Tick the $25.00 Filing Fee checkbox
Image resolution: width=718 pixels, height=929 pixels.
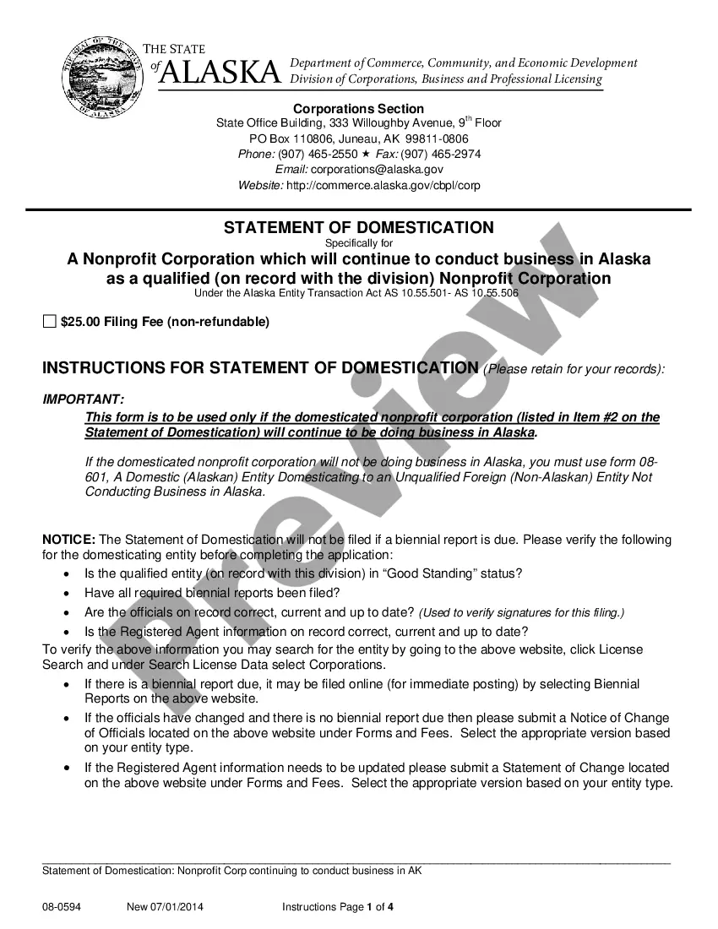50,322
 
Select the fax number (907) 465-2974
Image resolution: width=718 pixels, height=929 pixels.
441,154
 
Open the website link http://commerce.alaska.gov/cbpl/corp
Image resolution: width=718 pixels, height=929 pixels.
383,185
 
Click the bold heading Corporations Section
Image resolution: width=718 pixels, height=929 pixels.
358,108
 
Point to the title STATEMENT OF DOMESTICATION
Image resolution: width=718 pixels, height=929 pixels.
358,228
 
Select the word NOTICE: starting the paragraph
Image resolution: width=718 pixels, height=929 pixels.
69,540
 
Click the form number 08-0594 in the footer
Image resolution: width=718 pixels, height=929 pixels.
62,907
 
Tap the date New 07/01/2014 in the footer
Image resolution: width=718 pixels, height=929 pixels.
165,907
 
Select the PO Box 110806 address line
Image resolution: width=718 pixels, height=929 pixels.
358,139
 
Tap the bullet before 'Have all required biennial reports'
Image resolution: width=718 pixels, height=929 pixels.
68,593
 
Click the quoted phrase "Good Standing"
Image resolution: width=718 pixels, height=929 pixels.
438,573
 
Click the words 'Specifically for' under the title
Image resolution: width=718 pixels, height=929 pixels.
358,243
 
